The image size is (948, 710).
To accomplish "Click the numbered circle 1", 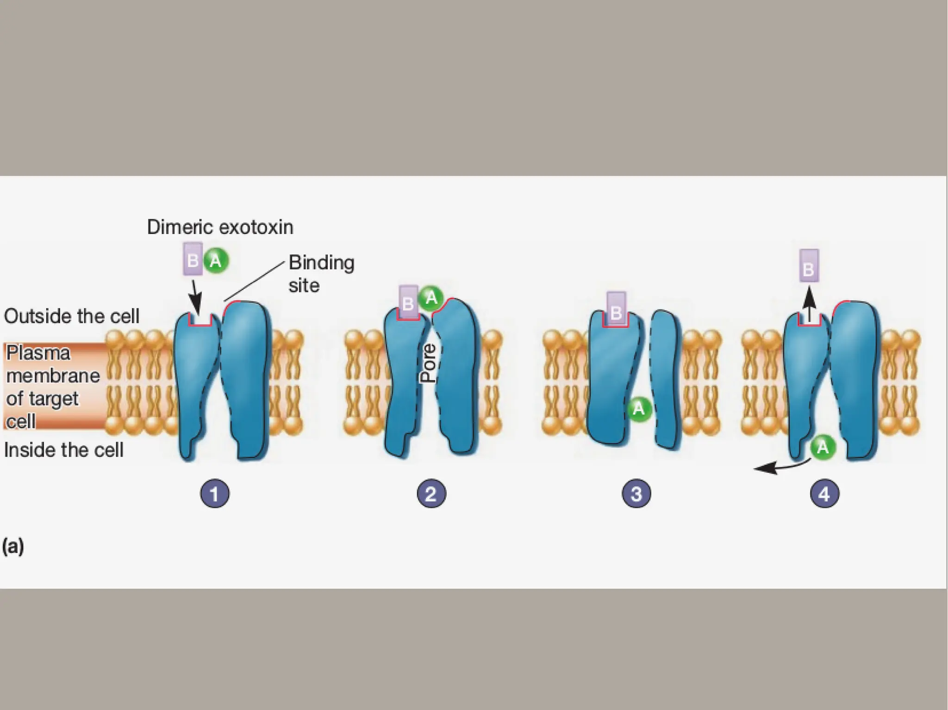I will tap(215, 494).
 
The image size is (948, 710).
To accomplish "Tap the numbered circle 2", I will tap(431, 494).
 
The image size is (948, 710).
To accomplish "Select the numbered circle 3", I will tap(636, 494).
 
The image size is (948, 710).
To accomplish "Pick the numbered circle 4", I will tap(824, 494).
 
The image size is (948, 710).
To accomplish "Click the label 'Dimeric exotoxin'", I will tap(220, 227).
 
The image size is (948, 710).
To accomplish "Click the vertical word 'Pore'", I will tap(429, 363).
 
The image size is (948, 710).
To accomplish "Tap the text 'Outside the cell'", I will tap(71, 316).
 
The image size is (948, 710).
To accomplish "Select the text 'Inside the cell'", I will tap(64, 450).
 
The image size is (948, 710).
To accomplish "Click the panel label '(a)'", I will tap(13, 546).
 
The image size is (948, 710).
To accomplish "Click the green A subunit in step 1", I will tap(216, 261).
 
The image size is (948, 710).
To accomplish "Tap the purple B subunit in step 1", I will tap(193, 259).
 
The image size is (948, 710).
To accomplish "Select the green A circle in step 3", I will tap(639, 409).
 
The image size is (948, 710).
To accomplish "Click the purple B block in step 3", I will tap(616, 309).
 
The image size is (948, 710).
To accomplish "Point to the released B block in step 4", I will tap(809, 266).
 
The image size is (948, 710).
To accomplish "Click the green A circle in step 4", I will tap(823, 447).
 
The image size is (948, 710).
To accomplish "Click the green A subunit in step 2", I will tap(430, 297).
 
